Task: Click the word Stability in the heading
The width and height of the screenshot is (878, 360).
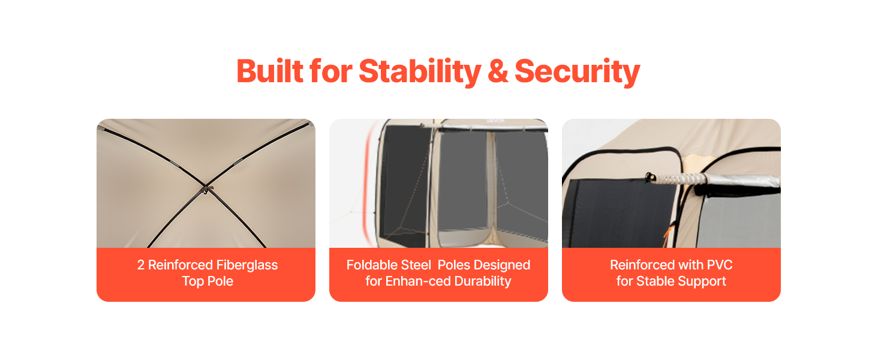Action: [420, 71]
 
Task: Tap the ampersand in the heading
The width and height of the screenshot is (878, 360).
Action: [498, 71]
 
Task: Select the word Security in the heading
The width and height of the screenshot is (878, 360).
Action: [577, 71]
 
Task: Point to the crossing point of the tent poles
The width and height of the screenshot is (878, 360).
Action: [205, 186]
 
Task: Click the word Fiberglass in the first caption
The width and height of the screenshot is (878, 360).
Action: [248, 265]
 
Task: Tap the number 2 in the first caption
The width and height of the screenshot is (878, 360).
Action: [141, 265]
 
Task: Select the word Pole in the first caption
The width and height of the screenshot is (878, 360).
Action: [220, 281]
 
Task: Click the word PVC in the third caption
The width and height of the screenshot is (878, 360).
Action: [720, 265]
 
